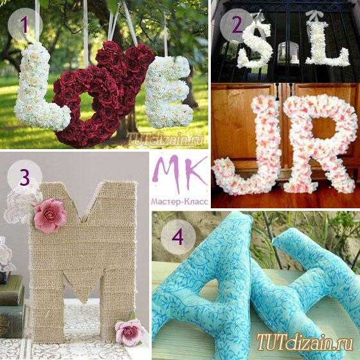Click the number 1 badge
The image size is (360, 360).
tap(25, 25)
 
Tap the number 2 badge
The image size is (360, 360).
tap(237, 26)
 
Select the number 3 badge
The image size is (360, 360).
tap(25, 177)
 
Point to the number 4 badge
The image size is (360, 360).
tap(178, 237)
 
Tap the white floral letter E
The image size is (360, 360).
tap(168, 92)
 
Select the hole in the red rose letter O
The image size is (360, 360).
tap(87, 106)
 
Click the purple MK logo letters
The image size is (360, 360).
tap(179, 173)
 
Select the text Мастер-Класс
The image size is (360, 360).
tap(179, 202)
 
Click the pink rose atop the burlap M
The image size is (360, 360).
tap(50, 216)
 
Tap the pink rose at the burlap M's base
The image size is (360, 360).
tap(130, 333)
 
